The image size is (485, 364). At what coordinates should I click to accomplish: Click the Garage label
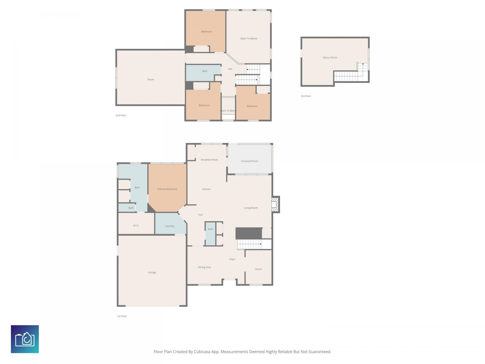click(152, 272)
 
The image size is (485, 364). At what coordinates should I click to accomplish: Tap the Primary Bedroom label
click(167, 189)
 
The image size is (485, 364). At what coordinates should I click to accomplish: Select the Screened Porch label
click(250, 161)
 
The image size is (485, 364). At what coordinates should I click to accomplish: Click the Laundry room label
click(170, 226)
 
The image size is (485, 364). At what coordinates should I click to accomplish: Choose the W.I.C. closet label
click(136, 225)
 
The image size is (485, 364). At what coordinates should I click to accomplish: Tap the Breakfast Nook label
click(209, 160)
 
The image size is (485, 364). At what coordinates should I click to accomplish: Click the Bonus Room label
click(330, 58)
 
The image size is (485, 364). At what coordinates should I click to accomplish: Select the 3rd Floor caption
click(306, 96)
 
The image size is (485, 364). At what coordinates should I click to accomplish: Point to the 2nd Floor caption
click(121, 115)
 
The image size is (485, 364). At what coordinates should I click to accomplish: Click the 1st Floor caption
click(122, 316)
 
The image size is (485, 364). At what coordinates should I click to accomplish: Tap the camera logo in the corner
click(25, 339)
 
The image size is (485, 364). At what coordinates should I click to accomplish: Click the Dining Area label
click(204, 267)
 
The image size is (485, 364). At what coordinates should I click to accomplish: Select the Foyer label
click(232, 259)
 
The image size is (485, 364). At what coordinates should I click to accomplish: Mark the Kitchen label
click(206, 189)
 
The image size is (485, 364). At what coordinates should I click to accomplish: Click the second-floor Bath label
click(205, 71)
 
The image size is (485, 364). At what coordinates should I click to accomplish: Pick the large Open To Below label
click(249, 38)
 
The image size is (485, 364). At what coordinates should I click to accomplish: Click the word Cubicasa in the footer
click(202, 352)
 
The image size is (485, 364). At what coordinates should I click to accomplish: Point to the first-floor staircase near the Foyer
click(249, 244)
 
